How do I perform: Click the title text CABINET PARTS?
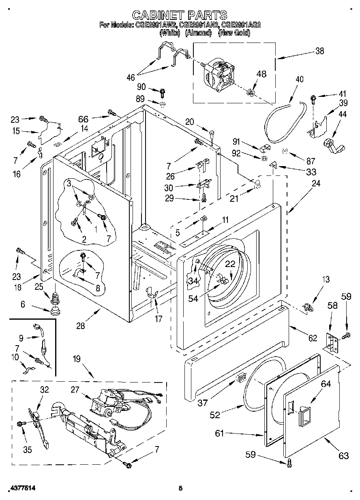click(180, 15)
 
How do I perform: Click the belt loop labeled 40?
click(280, 122)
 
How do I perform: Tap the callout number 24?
click(316, 183)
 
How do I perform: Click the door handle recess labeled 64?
click(303, 415)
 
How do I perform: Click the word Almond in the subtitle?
click(198, 33)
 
